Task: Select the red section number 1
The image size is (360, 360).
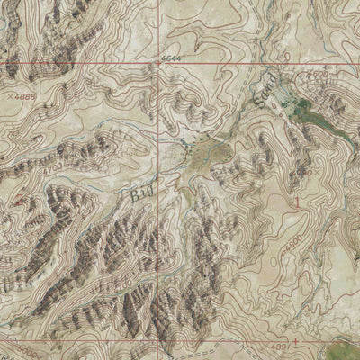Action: point(296,203)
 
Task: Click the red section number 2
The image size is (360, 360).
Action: point(21,199)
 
